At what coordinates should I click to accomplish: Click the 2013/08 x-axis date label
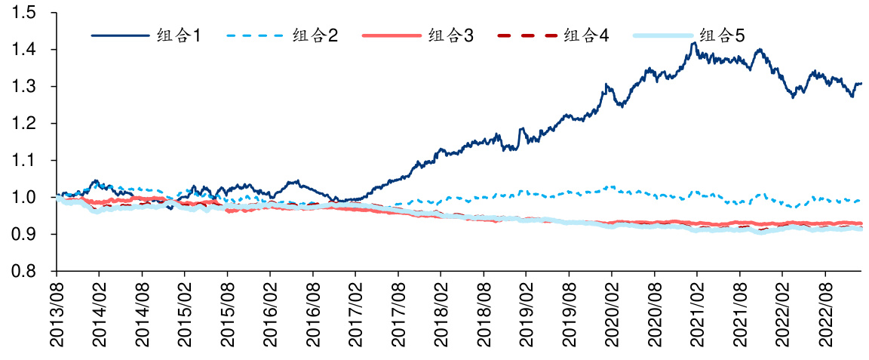(57, 314)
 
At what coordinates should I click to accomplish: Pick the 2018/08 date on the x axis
(484, 314)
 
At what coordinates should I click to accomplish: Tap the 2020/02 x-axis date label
(613, 314)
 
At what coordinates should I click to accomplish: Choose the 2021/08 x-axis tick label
(741, 314)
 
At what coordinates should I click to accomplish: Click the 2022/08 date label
(826, 314)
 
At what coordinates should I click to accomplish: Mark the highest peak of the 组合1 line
(693, 43)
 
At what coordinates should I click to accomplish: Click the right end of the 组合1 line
(861, 84)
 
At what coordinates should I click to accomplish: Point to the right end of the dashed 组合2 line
(861, 200)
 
